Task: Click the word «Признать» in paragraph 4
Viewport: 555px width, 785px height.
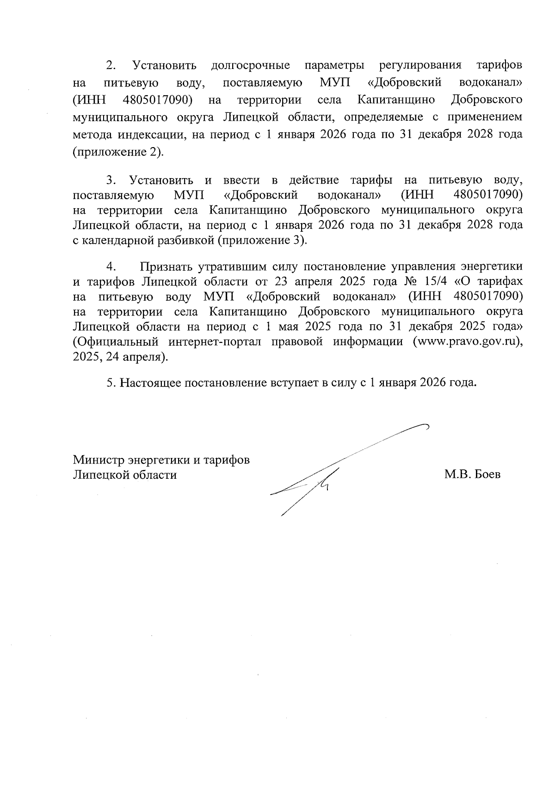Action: (166, 266)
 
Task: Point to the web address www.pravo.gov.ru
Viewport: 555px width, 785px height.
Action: (465, 342)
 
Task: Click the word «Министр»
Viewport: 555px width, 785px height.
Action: (98, 460)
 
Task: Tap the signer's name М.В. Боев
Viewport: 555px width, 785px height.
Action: (472, 475)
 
